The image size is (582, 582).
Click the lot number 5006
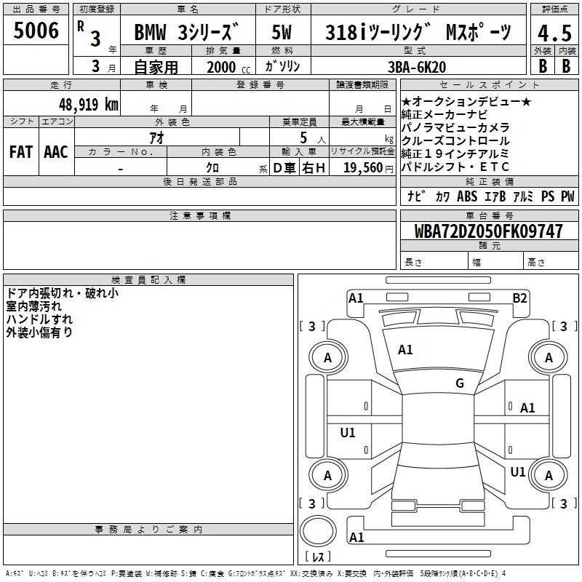[x=36, y=31]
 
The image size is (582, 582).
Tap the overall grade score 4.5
[x=554, y=33]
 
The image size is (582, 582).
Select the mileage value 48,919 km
[x=88, y=105]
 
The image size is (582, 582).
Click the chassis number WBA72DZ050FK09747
[x=488, y=231]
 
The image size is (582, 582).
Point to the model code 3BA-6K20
[x=417, y=67]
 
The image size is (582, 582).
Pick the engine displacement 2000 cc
[x=228, y=67]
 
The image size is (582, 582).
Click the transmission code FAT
[x=21, y=152]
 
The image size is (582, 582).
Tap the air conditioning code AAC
[x=56, y=152]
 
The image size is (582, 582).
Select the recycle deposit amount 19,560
[x=363, y=168]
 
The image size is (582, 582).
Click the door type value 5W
[x=282, y=32]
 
